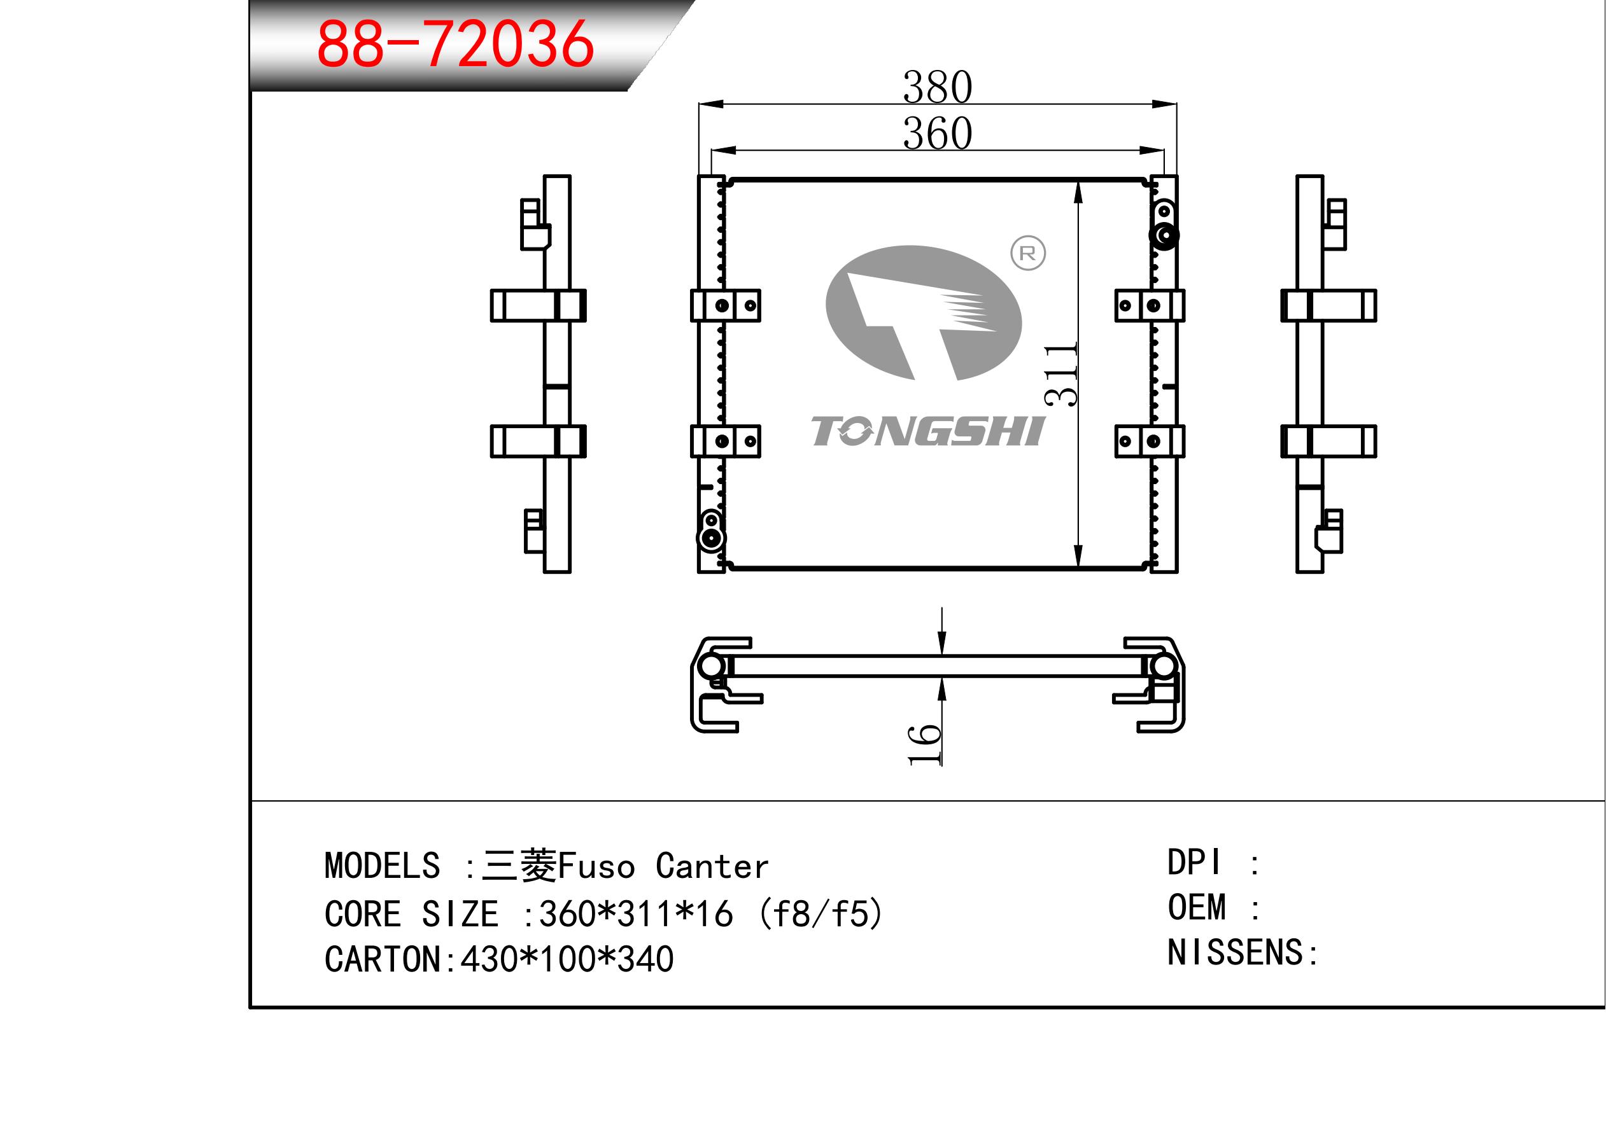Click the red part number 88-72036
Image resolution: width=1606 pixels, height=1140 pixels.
pos(455,45)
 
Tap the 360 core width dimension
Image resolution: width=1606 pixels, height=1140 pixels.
pos(937,133)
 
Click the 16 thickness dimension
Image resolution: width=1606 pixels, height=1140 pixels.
pos(924,745)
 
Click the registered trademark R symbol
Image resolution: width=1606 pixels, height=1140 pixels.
pos(1027,253)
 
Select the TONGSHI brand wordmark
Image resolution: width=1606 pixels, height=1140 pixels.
pos(927,431)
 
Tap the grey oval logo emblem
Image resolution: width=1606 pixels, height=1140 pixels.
pos(923,313)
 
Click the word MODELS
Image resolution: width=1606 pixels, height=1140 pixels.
pos(382,866)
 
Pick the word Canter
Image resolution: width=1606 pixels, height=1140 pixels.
pos(712,867)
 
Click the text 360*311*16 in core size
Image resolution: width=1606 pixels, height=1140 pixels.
pos(635,914)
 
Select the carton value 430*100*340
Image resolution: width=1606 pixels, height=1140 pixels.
pos(567,959)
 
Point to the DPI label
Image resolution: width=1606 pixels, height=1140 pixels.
pos(1194,862)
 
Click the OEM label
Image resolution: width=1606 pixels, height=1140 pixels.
pos(1197,907)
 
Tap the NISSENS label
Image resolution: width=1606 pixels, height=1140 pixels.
pos(1234,952)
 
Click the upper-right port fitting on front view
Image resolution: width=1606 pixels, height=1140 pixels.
pos(1164,235)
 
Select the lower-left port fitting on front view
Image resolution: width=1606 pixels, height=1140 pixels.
pos(712,538)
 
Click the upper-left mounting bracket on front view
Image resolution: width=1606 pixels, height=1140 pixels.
pos(726,305)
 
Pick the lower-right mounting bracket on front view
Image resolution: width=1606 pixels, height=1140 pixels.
pos(1150,441)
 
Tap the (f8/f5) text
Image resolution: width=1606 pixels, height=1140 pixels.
pos(821,914)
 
